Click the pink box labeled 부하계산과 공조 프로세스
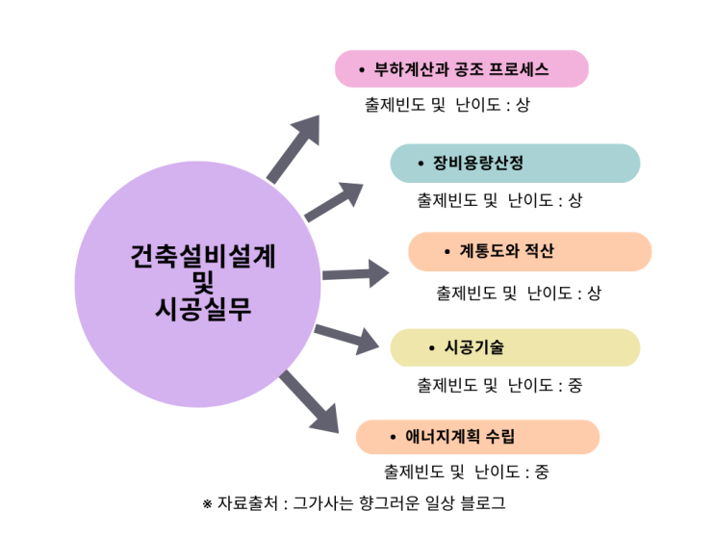click(461, 69)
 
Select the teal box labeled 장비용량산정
click(514, 163)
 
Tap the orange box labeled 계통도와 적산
click(529, 252)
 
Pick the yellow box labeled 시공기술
click(514, 347)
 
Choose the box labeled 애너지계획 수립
click(477, 437)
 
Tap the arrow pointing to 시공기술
click(346, 337)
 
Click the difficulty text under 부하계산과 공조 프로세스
click(447, 105)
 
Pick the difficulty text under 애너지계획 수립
click(466, 472)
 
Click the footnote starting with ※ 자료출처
click(353, 503)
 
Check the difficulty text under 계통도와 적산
click(518, 293)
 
